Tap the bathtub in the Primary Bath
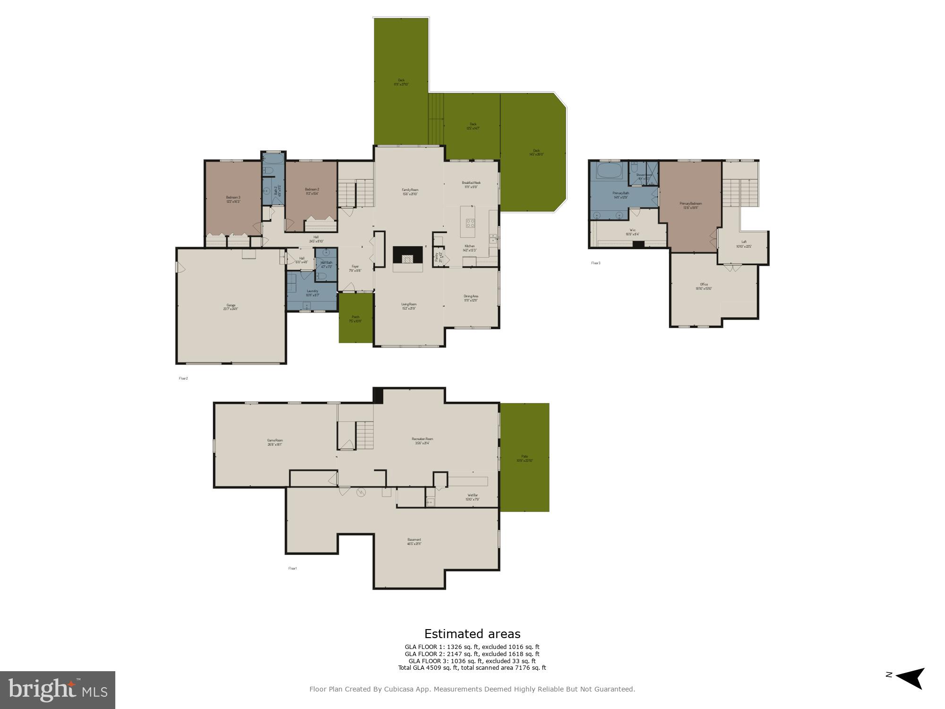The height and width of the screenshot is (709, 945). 610,171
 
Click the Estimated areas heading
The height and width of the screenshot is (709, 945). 472,634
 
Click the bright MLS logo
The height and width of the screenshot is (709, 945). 57,690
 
